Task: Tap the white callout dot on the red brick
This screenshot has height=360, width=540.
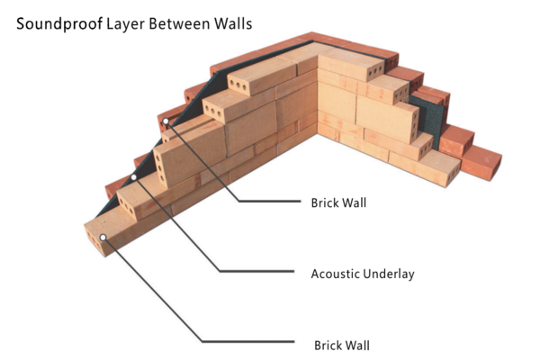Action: pyautogui.click(x=166, y=120)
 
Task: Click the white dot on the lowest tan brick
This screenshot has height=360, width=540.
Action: pyautogui.click(x=104, y=237)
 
